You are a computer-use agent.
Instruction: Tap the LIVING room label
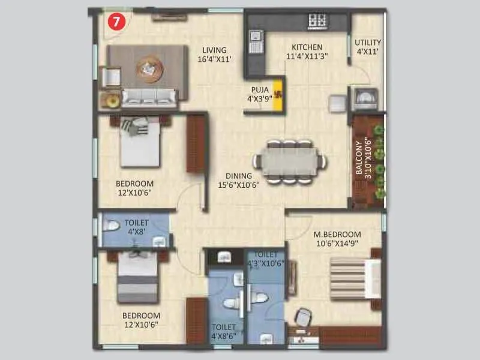(214, 55)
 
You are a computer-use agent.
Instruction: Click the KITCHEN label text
(307, 52)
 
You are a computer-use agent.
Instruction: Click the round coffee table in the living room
(149, 68)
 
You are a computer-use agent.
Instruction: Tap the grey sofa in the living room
(150, 97)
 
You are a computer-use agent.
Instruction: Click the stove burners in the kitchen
(317, 22)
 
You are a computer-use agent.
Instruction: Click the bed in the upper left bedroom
(140, 142)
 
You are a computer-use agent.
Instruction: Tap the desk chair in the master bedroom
(304, 316)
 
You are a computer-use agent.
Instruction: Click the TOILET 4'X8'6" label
(223, 331)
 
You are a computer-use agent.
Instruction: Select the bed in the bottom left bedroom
(137, 277)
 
